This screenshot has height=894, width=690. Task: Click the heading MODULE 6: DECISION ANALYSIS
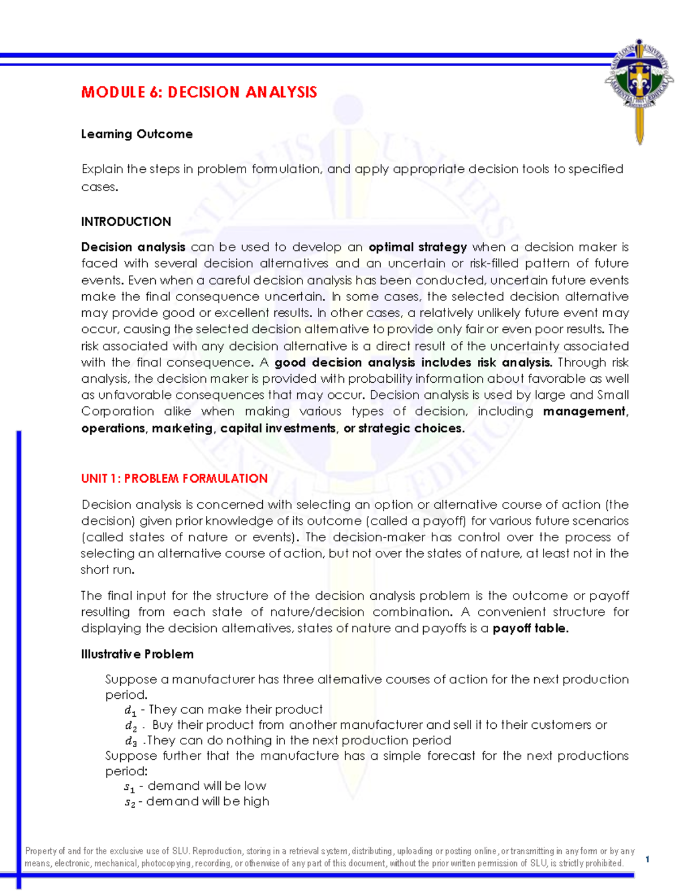click(x=199, y=92)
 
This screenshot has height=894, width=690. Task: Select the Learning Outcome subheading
click(x=137, y=134)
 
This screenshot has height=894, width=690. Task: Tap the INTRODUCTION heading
click(x=126, y=222)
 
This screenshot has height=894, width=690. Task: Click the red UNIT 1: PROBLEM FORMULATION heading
click(x=174, y=478)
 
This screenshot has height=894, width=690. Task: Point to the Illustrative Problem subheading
click(x=137, y=654)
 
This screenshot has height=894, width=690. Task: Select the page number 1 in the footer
click(x=647, y=859)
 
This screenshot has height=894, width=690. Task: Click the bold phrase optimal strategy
click(x=417, y=247)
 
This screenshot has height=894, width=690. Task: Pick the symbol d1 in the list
click(x=131, y=710)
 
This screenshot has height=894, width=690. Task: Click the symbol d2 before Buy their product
click(x=131, y=726)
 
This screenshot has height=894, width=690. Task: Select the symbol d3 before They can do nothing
click(x=131, y=741)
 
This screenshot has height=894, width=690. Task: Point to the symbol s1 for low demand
click(x=130, y=787)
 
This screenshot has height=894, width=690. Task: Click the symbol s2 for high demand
click(x=130, y=802)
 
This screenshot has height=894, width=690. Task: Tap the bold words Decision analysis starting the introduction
click(x=133, y=247)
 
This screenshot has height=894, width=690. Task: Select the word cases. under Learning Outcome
click(x=99, y=187)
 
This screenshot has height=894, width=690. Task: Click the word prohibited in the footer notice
click(x=604, y=863)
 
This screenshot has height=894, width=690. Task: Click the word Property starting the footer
click(x=40, y=851)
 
